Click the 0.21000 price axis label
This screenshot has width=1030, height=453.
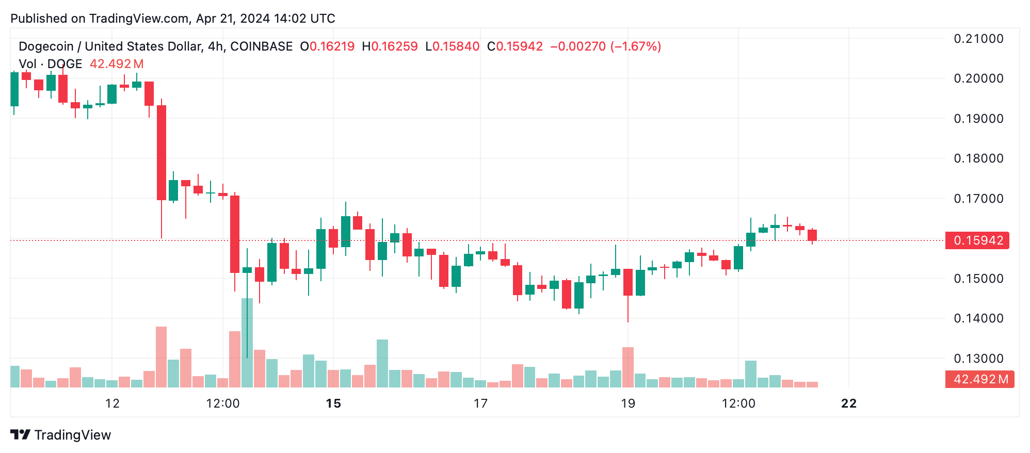coord(978,39)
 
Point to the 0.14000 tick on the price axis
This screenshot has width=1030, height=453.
coord(978,318)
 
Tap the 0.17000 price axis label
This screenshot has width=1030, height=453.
coord(978,199)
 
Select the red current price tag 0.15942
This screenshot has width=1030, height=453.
coord(978,240)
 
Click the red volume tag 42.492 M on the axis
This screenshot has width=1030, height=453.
coord(979,379)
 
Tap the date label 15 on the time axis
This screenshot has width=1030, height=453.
coord(333,403)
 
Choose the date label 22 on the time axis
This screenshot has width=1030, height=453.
coord(849,403)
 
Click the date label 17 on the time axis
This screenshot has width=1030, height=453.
coord(480,403)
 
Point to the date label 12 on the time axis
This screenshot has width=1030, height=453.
coord(112,403)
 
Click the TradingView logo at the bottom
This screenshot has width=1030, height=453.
coord(61,435)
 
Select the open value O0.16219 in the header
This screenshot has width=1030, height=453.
coord(327,46)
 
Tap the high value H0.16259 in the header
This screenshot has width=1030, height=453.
coord(390,46)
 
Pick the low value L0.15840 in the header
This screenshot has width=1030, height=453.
coord(453,46)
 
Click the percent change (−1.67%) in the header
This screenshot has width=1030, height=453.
coord(635,46)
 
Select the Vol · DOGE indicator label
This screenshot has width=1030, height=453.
coord(51,64)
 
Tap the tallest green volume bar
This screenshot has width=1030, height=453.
coord(247,343)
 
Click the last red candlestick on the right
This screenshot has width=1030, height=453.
coord(812,235)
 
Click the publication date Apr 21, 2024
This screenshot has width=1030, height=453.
coord(233,19)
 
